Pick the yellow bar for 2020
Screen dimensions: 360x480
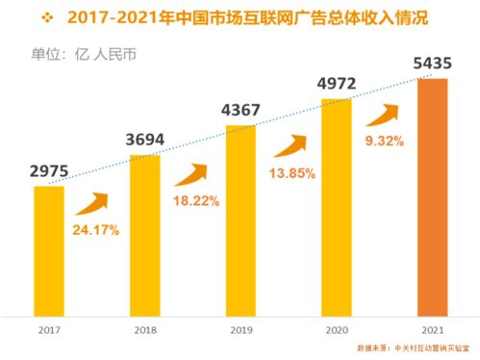click(x=337, y=206)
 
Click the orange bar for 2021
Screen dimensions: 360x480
click(x=433, y=196)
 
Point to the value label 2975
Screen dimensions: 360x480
click(x=48, y=172)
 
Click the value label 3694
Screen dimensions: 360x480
click(x=144, y=141)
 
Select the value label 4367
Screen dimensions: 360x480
click(x=240, y=110)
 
